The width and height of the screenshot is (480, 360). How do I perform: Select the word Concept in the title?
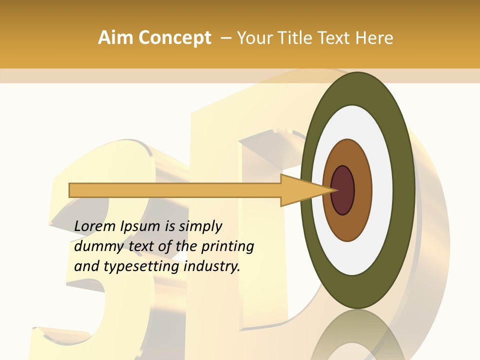tap(174, 38)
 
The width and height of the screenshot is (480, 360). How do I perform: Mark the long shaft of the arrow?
tap(175, 190)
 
